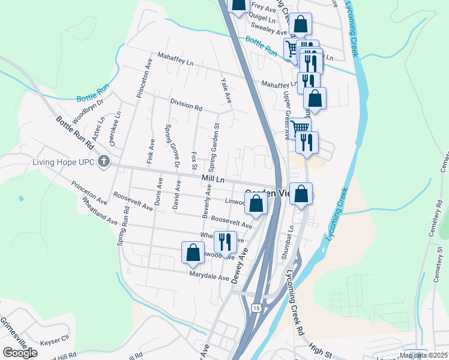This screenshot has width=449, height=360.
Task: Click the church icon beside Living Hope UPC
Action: click(104, 161)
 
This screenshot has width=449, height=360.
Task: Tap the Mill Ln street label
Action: click(212, 179)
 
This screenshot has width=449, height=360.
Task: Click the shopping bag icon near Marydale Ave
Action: click(193, 252)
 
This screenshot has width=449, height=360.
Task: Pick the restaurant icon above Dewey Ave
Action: click(225, 242)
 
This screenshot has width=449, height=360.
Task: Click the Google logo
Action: click(20, 353)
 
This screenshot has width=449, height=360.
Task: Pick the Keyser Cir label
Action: click(55, 342)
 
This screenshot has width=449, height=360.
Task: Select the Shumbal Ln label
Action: click(288, 243)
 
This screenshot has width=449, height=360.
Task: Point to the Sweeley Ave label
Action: click(270, 30)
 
